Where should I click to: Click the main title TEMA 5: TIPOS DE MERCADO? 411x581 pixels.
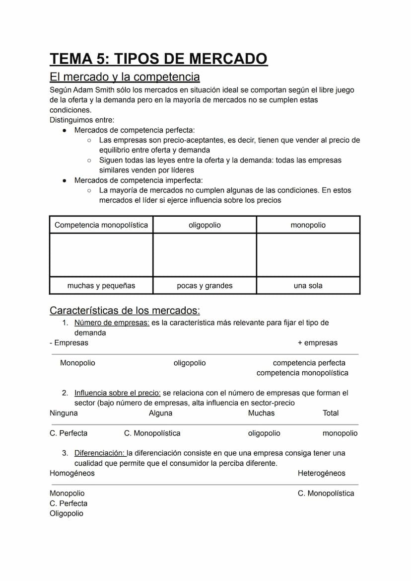point(158,59)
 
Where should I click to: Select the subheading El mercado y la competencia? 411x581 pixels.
point(125,77)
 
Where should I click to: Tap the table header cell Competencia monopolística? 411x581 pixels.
point(101,225)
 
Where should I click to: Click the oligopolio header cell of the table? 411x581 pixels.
point(205,225)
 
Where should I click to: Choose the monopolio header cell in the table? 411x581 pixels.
point(308,225)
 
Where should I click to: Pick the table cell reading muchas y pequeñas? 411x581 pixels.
point(101,286)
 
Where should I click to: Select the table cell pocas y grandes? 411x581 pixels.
point(205,286)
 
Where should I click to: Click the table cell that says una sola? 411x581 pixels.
point(308,286)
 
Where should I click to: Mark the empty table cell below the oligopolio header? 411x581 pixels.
point(205,255)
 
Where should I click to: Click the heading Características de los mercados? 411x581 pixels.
point(125,311)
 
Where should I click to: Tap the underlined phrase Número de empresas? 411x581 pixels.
point(112,323)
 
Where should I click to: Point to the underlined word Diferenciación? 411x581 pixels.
point(99,453)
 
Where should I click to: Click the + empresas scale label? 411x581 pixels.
point(317,343)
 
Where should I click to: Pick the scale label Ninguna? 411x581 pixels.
point(64,413)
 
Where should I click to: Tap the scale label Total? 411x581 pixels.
point(331,413)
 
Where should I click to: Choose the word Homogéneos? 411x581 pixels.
point(72,473)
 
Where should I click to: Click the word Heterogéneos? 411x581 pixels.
point(321,473)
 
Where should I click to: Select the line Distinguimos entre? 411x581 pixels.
point(82,120)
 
